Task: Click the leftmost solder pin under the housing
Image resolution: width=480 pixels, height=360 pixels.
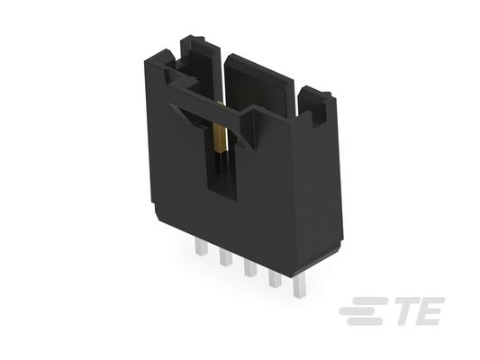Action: tap(201, 247)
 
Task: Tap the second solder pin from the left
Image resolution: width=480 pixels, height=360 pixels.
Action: tap(226, 257)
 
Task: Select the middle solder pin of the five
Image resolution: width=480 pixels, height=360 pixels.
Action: tap(250, 267)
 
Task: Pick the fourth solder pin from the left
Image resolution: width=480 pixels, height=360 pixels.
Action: tap(275, 278)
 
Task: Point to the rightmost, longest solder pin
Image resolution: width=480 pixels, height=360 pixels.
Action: tap(299, 286)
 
